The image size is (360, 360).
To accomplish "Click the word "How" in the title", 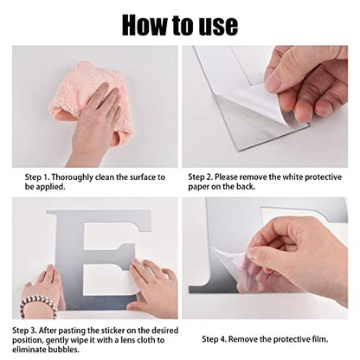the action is pyautogui.click(x=145, y=25).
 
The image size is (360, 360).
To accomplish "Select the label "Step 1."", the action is pyautogui.click(x=37, y=177).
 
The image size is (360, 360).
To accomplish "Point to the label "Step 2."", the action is pyautogui.click(x=201, y=177).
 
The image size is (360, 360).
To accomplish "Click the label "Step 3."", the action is pyautogui.click(x=24, y=330).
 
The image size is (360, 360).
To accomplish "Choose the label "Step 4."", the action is pyautogui.click(x=215, y=339).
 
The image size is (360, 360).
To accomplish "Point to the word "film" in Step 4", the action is pyautogui.click(x=319, y=339).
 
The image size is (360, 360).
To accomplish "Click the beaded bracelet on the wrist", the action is pyautogui.click(x=37, y=305).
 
